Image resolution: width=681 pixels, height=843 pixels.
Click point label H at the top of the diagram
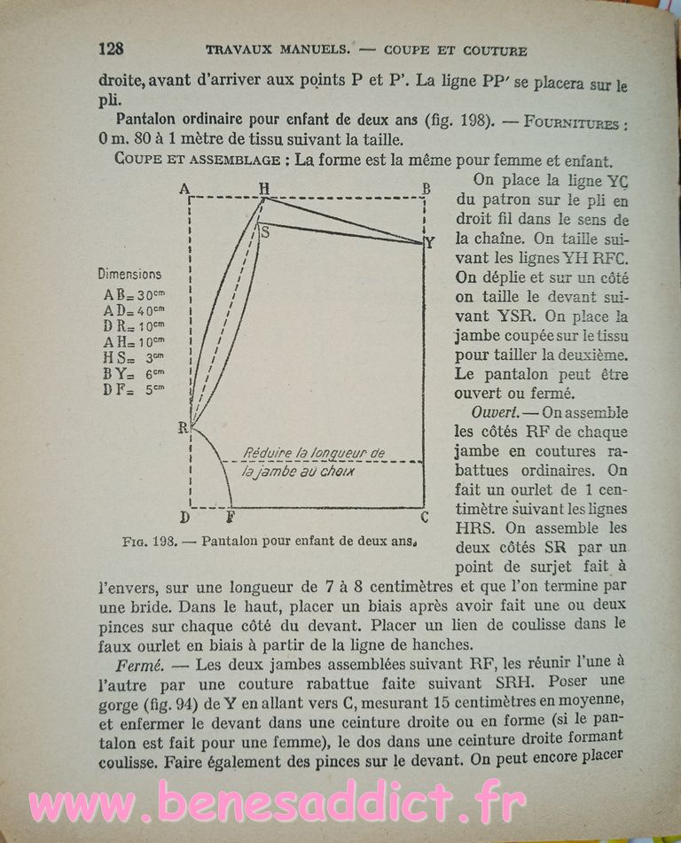(x=263, y=188)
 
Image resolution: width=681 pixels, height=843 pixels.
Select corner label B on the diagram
(x=427, y=188)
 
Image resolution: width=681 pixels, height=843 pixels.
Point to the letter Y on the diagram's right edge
(x=430, y=242)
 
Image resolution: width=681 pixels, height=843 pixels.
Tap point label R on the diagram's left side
(x=183, y=428)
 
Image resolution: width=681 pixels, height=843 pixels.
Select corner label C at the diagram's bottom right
(x=425, y=517)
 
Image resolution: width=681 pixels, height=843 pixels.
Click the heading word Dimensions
(x=129, y=275)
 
